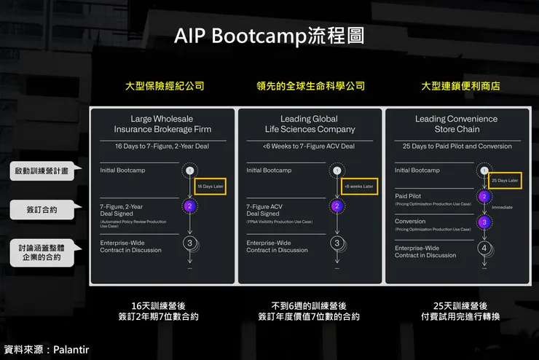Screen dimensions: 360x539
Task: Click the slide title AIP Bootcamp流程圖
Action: point(269,36)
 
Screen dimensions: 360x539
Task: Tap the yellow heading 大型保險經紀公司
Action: point(164,86)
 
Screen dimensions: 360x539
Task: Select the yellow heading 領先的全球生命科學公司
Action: point(310,86)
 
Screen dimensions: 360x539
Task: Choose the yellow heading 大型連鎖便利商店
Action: point(460,86)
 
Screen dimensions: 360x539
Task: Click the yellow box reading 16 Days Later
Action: point(211,187)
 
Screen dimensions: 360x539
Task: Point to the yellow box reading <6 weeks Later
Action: point(358,187)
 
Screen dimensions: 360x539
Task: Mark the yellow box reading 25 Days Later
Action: point(505,179)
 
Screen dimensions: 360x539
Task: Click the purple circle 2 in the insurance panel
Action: point(189,206)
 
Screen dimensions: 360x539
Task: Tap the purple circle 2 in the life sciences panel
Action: point(337,206)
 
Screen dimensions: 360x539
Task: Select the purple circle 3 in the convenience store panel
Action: point(484,222)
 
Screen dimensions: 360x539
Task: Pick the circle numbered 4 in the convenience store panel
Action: point(484,248)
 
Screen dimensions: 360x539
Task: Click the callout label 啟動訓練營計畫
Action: point(42,172)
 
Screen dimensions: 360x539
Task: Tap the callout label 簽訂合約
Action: point(42,211)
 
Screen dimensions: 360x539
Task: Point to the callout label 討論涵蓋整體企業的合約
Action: point(42,254)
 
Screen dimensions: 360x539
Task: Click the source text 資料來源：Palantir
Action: point(46,350)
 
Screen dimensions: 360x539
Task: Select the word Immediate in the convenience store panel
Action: point(503,207)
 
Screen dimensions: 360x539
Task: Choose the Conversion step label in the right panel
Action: point(410,222)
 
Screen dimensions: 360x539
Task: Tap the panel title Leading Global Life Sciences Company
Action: point(310,124)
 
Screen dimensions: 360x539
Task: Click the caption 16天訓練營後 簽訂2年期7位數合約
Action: point(163,311)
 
